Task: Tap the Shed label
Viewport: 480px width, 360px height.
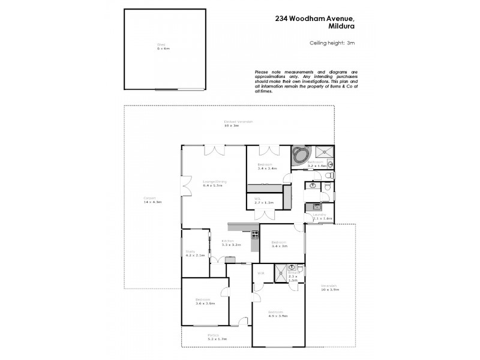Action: tap(160, 47)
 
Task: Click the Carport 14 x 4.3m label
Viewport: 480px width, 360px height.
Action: tap(152, 200)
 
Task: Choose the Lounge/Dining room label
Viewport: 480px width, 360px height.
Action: tap(212, 184)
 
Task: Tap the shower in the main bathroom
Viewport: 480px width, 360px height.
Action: tap(325, 151)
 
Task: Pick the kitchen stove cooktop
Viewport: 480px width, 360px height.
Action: tap(254, 235)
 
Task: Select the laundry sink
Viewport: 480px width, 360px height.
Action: tap(311, 208)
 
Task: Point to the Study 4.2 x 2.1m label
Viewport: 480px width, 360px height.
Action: tap(195, 253)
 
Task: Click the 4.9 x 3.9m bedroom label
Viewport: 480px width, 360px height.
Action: tap(278, 314)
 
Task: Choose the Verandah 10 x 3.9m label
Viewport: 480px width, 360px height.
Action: tap(329, 287)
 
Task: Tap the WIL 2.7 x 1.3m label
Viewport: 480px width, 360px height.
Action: tap(264, 202)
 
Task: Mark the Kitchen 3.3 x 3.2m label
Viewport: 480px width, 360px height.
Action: tap(230, 243)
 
